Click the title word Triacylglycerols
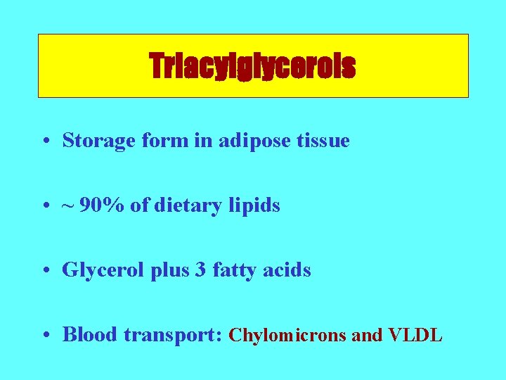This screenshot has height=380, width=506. pos(252,67)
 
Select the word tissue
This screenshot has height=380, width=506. pos(325,141)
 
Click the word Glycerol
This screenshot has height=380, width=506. pos(97,270)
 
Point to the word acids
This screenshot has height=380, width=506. pos(287,270)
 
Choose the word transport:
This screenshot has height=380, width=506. pos(174,335)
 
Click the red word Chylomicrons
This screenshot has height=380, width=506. pos(288,336)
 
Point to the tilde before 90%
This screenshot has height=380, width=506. pos(68,205)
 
